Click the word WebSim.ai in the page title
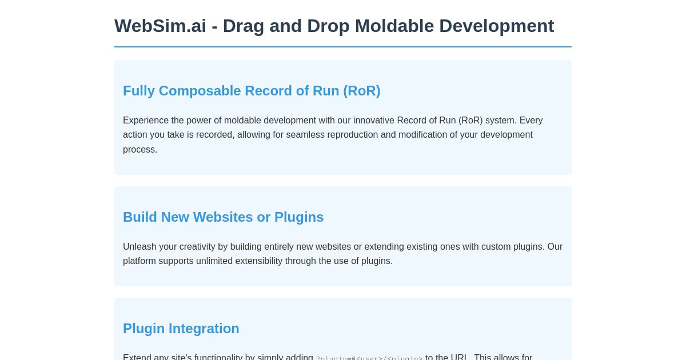tap(160, 26)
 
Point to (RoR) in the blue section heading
tap(361, 91)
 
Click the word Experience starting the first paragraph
tap(146, 121)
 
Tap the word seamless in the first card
tap(308, 135)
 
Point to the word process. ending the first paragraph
tap(139, 150)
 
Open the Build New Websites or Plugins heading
tap(223, 217)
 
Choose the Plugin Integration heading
tap(181, 329)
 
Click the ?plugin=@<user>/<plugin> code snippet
tap(369, 358)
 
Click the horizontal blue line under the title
tap(343, 47)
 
